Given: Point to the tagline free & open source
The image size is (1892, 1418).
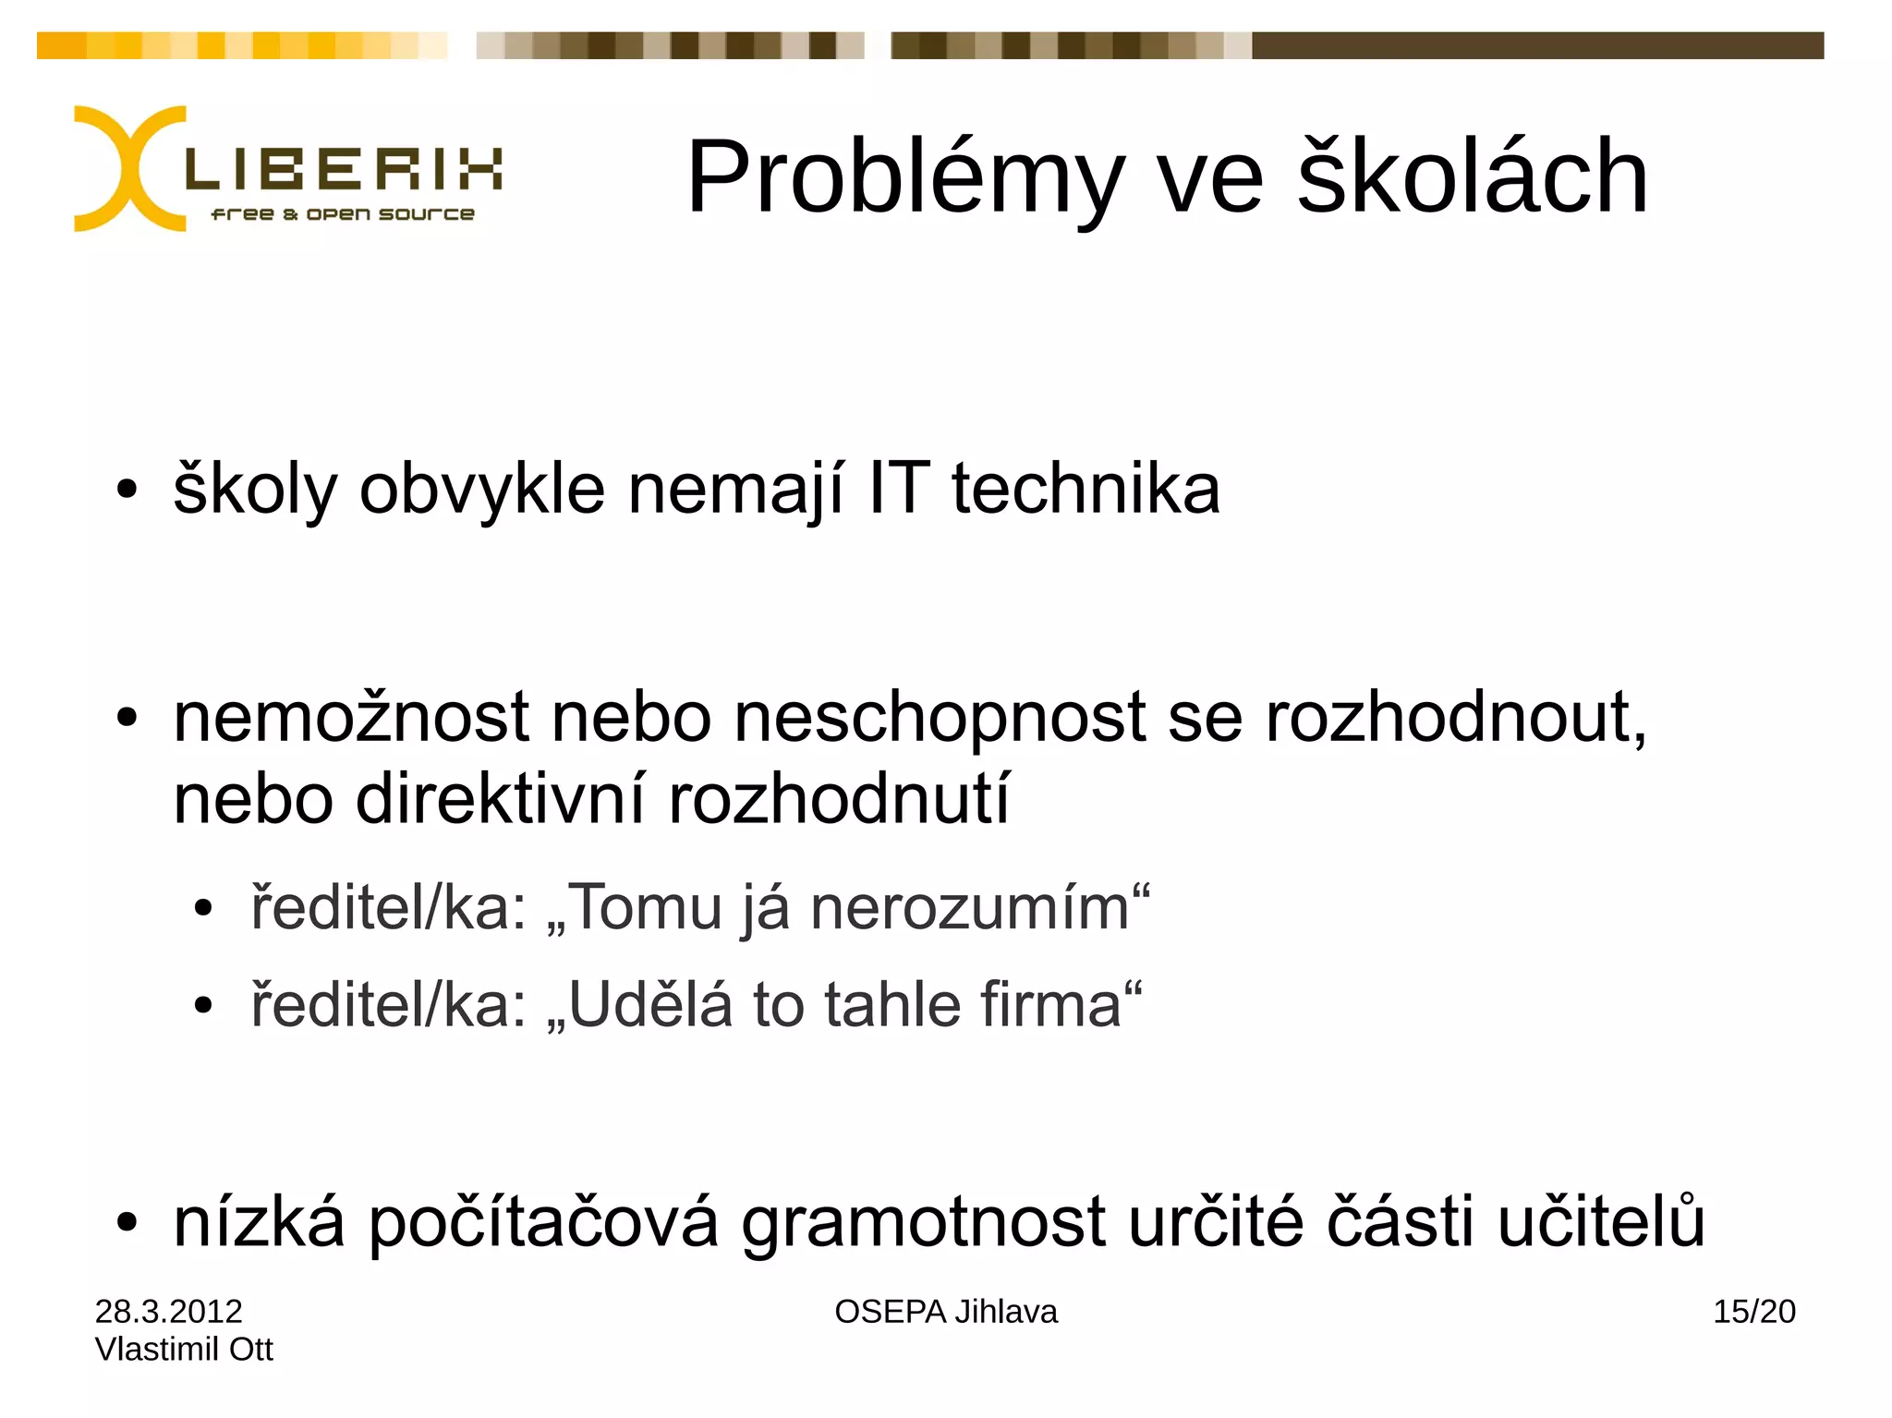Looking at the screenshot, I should click(343, 214).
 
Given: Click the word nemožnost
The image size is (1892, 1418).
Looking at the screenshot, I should click(351, 718).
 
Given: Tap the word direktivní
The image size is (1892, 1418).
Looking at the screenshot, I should click(500, 799).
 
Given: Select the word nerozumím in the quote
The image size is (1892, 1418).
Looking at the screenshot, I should click(969, 908).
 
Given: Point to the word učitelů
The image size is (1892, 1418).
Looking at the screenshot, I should click(1601, 1221).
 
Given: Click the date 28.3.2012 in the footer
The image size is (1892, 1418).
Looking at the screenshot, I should click(168, 1311).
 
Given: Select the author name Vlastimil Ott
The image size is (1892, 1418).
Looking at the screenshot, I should click(184, 1349).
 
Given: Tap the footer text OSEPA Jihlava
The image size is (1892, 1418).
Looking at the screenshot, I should click(945, 1311).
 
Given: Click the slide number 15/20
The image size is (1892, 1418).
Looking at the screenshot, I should click(1753, 1311).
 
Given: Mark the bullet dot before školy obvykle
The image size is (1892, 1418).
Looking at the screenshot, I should click(127, 490).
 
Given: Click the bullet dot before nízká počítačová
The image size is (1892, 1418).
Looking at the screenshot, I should click(127, 1223).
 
